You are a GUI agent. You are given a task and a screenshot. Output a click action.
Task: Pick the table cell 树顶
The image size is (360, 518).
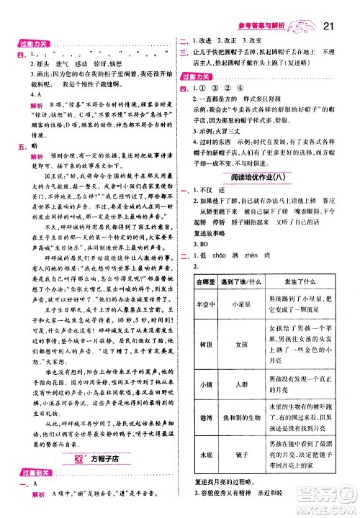coord(204,365)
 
